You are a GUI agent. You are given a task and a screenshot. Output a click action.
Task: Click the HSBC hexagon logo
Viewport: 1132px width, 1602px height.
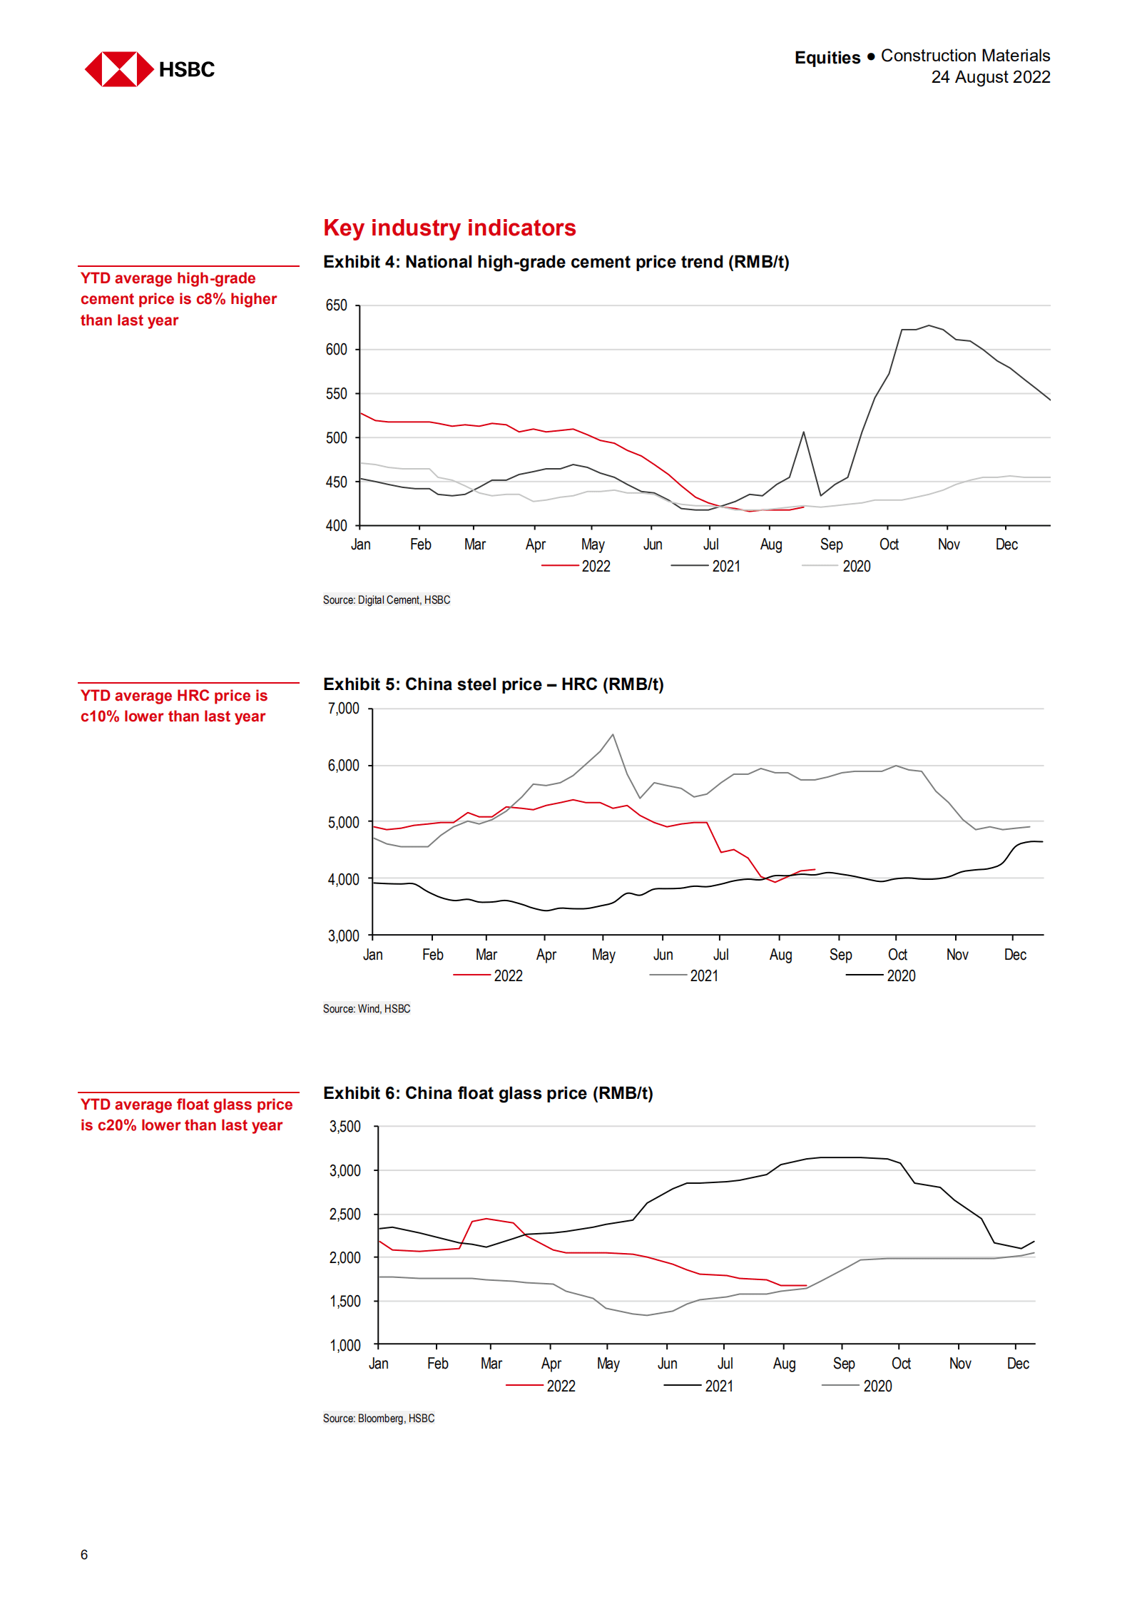(x=119, y=69)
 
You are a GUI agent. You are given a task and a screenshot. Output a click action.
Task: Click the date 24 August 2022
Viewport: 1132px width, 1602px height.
(x=990, y=77)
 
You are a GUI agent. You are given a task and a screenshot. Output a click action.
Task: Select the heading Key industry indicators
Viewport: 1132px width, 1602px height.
(x=449, y=228)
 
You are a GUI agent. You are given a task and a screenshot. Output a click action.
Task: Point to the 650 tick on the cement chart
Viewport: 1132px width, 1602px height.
(x=336, y=305)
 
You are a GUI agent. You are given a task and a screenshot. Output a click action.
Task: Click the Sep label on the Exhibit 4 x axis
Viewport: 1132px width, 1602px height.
(x=831, y=544)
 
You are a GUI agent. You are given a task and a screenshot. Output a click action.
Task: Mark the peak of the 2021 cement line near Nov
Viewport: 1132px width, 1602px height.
(x=928, y=325)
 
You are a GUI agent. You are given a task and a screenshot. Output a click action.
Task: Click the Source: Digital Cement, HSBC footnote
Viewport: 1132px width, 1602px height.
(x=386, y=600)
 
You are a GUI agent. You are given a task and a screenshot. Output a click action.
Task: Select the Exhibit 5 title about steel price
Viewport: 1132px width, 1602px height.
(x=493, y=684)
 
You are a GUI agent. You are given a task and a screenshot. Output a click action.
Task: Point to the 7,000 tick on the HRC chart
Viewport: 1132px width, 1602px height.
(x=343, y=709)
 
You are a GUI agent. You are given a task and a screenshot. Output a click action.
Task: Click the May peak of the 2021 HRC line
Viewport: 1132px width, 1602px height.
(x=613, y=734)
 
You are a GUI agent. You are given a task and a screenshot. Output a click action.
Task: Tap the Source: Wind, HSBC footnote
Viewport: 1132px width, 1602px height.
(x=366, y=1009)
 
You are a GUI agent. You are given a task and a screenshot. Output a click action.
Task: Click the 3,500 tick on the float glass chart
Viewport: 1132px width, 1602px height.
(x=345, y=1127)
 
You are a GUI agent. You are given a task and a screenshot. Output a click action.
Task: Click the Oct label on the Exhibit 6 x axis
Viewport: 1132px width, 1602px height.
(x=901, y=1364)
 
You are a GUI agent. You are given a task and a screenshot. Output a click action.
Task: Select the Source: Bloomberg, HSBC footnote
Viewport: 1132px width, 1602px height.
(x=378, y=1419)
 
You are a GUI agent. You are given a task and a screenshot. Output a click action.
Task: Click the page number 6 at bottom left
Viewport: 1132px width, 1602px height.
(x=84, y=1555)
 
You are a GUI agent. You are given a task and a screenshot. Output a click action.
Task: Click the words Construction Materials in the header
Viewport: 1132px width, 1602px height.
(x=965, y=56)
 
